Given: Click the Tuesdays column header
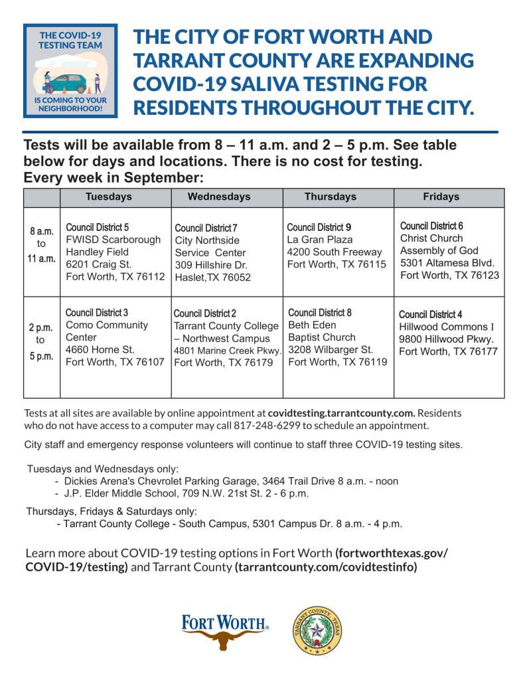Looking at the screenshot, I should tap(109, 196).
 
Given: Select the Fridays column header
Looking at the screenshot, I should tap(441, 196).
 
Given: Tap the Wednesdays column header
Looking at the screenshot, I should tap(219, 196).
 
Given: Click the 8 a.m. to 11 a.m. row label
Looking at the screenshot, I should tap(42, 245).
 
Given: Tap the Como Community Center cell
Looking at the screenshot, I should tap(115, 337).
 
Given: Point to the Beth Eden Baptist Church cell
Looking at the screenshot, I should tap(337, 337).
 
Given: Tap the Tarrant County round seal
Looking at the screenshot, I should tap(317, 631).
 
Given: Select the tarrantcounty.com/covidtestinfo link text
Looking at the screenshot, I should tap(325, 567).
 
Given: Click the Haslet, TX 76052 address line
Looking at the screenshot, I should tap(212, 277).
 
